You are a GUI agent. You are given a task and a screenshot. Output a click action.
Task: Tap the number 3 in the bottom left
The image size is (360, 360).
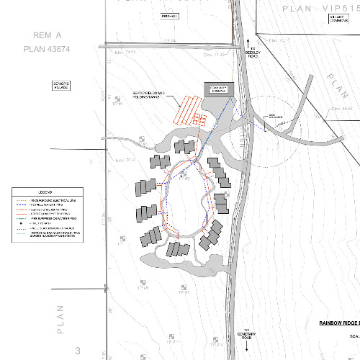point(77,351)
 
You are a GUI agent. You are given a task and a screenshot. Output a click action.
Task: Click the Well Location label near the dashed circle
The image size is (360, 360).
point(276,115)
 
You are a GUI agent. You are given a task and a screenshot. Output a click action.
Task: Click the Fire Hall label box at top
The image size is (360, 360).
point(168,15)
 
